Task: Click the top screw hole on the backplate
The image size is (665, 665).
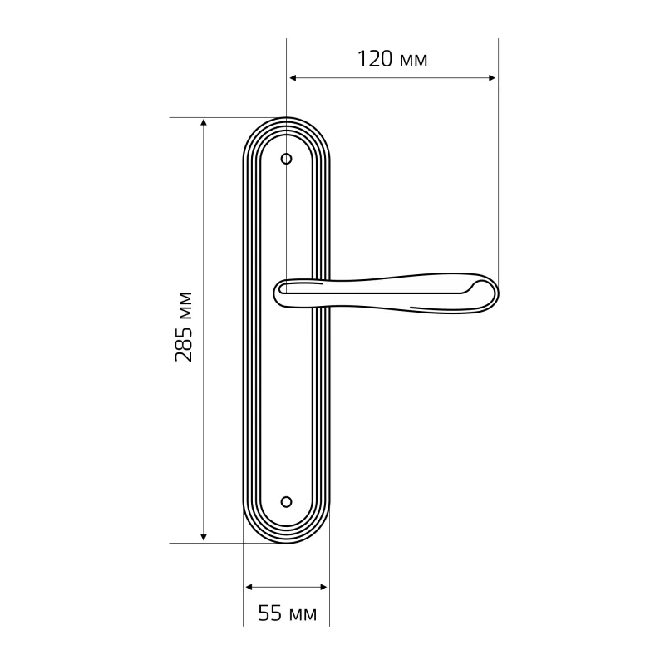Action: pos(287,159)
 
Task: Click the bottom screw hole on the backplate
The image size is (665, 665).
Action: pos(287,502)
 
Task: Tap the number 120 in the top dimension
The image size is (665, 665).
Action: pos(376,59)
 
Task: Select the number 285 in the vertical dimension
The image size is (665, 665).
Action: pos(184,344)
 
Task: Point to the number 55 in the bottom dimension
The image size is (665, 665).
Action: pos(269,613)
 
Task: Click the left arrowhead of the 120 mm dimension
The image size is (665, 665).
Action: pos(293,78)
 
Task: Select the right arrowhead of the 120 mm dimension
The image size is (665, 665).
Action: pos(492,78)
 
